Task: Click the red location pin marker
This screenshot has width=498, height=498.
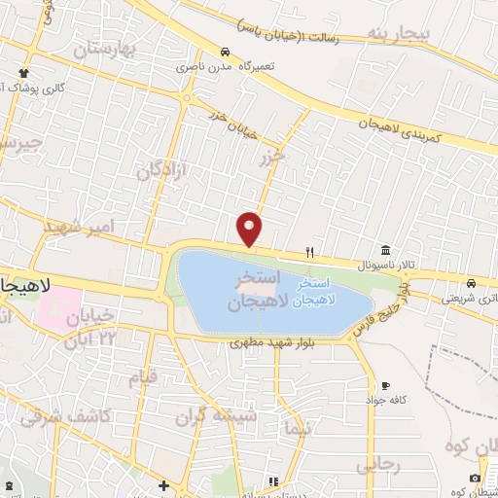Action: pos(251,228)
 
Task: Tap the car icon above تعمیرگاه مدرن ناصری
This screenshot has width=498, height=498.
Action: pos(225,52)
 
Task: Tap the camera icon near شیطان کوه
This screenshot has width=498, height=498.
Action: pos(474,478)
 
